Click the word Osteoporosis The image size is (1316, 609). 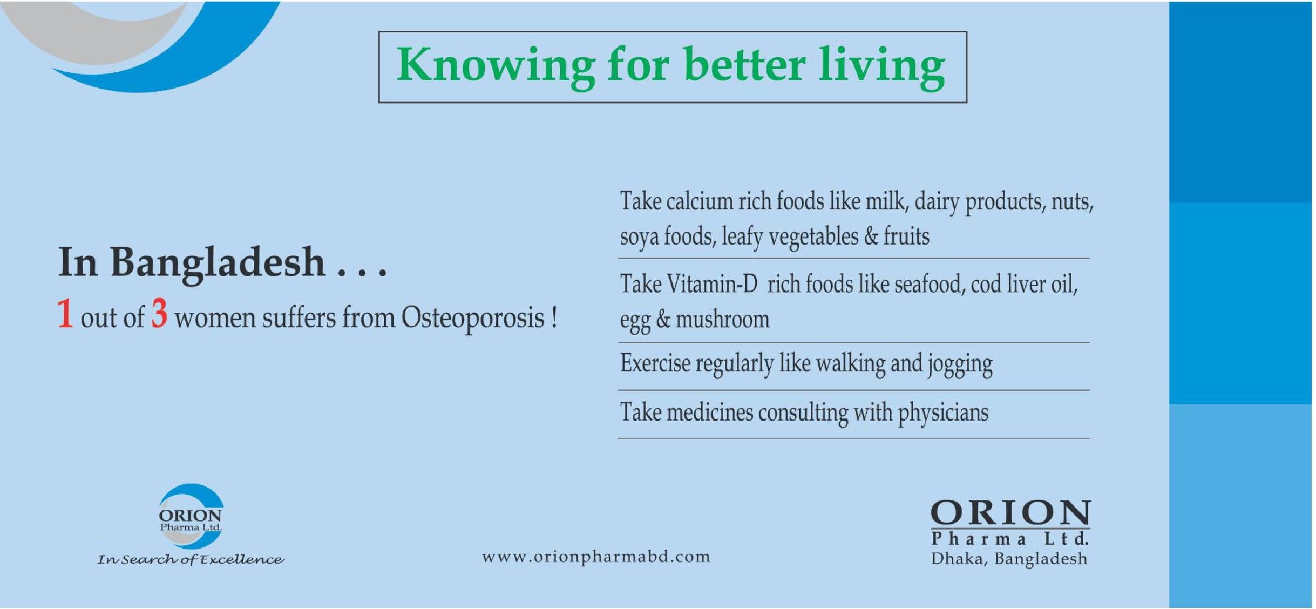point(473,317)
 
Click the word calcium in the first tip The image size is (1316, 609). point(700,201)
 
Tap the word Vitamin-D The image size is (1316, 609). point(712,284)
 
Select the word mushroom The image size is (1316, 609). point(722,319)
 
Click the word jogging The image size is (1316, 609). point(960,364)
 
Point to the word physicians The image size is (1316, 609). point(943,413)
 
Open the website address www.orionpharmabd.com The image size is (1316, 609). point(596,557)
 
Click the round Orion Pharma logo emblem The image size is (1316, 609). point(191,516)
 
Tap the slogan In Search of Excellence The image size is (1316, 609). point(191,559)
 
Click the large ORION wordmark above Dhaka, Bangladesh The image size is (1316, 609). point(1010,513)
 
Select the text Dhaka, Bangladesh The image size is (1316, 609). point(1009,559)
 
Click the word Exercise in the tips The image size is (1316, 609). point(655,363)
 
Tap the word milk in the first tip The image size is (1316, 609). point(885,201)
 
